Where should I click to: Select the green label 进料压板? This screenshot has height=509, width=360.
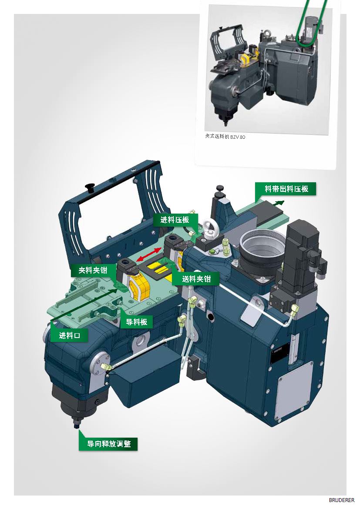175,220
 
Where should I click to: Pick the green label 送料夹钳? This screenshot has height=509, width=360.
196,278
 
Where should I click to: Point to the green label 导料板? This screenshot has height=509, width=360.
136,321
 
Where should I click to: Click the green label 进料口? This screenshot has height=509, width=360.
70,335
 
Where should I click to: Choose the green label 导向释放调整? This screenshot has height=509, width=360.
108,444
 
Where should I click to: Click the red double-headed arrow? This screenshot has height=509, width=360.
149,254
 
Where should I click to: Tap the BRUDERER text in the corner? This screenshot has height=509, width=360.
341,500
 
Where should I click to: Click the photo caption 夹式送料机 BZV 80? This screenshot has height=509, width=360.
225,137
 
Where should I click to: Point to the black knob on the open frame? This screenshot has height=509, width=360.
89,188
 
